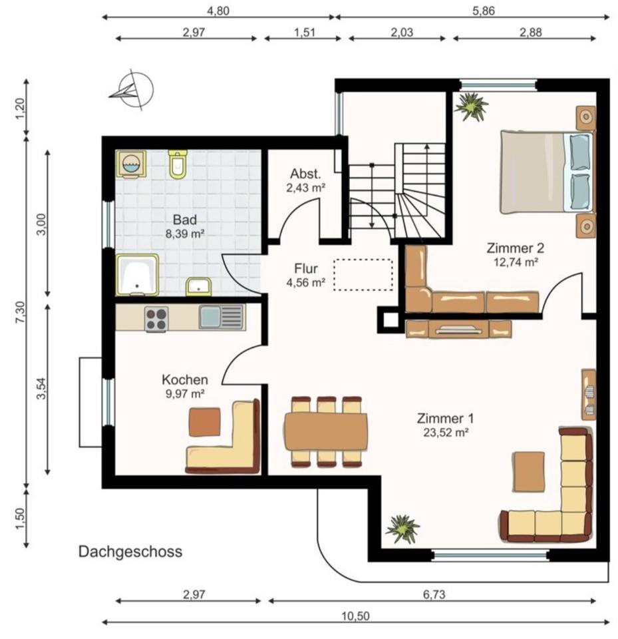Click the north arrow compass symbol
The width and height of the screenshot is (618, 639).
coord(132,90)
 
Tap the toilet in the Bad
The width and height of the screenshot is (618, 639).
coord(178,164)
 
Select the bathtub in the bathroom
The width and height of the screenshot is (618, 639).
coord(138,274)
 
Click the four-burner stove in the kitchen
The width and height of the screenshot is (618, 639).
coord(157,318)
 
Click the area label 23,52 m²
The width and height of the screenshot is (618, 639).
coord(446,431)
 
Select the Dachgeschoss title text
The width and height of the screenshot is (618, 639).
coord(130,552)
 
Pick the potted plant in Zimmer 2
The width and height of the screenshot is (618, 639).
coord(472,106)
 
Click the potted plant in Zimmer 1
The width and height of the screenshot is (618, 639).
coord(403,529)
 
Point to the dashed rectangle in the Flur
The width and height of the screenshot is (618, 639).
coord(363,274)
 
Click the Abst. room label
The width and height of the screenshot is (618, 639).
coord(305,174)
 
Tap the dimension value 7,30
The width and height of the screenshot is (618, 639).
coord(21,312)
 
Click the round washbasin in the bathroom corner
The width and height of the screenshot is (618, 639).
coord(130,164)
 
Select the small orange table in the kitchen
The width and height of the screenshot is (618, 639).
coord(204,421)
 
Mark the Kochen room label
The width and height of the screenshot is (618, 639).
coord(185,380)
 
